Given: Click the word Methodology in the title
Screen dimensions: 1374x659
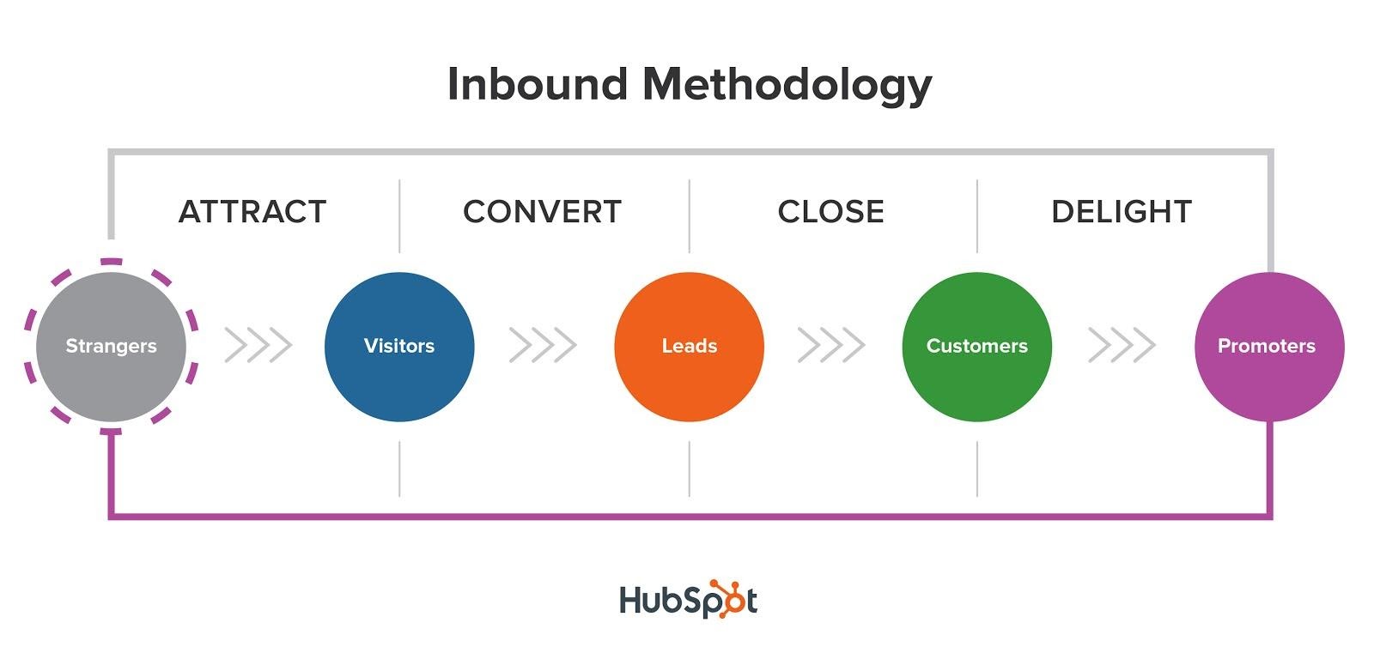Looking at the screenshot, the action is [x=787, y=86].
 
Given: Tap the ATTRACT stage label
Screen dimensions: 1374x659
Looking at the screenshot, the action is [x=252, y=212].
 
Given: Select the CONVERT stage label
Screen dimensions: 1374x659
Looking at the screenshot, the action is [x=542, y=212].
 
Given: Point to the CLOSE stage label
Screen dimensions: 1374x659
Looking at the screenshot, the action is [x=830, y=212].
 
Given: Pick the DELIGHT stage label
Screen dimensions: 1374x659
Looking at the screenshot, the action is [x=1122, y=212].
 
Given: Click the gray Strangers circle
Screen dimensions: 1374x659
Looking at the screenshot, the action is [x=111, y=347].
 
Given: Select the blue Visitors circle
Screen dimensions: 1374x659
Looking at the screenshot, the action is [x=399, y=347].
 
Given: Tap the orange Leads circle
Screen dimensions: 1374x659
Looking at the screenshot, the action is [x=689, y=347].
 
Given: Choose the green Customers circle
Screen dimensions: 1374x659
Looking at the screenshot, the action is [x=977, y=347].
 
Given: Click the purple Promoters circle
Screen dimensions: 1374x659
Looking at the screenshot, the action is [x=1269, y=347].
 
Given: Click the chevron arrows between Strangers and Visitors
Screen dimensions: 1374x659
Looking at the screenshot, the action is [x=258, y=345].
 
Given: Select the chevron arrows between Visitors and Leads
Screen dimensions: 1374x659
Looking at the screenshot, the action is [x=543, y=345].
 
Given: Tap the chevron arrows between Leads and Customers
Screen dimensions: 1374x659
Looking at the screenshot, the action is [x=831, y=345].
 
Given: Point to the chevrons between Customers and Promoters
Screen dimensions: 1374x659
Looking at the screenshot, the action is [x=1122, y=345].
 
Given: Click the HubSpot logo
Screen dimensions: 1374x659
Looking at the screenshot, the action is [x=688, y=599].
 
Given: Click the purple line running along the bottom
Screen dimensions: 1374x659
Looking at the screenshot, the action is [x=690, y=517].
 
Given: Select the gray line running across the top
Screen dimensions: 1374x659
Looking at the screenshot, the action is [x=690, y=151].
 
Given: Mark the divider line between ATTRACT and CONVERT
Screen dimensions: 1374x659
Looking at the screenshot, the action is [x=399, y=215].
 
